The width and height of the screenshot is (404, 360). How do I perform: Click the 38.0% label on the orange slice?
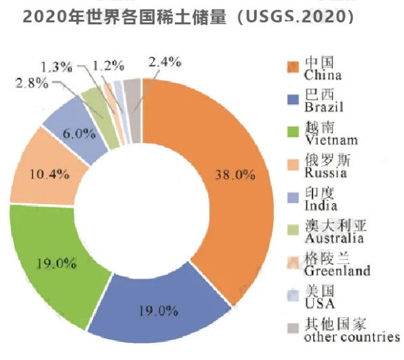click(235, 174)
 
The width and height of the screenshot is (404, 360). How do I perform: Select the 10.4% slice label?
click(50, 174)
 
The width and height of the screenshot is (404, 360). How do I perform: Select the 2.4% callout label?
click(165, 62)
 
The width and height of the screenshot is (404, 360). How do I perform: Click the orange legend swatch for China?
click(293, 66)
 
